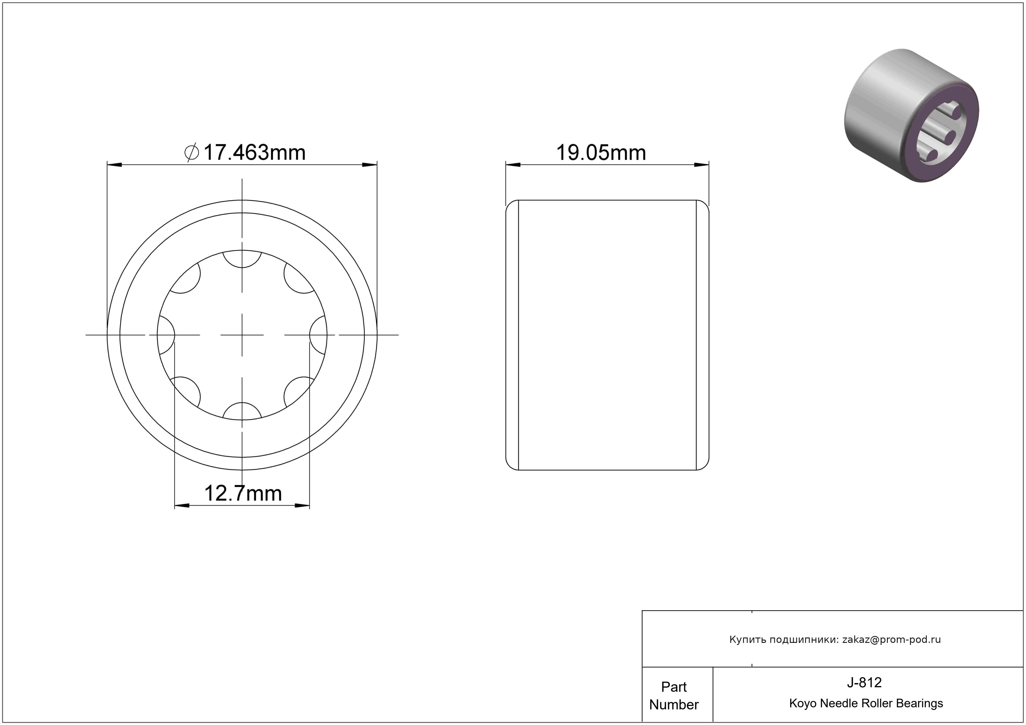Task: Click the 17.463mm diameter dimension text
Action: [254, 153]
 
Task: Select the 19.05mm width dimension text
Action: [601, 153]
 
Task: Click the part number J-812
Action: [864, 682]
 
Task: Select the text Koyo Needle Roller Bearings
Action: [866, 703]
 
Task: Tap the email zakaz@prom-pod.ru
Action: [891, 640]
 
